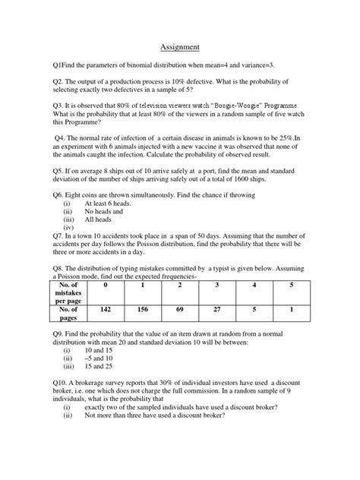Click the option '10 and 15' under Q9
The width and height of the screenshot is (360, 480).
99,358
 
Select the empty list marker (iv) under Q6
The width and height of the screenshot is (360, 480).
68,228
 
